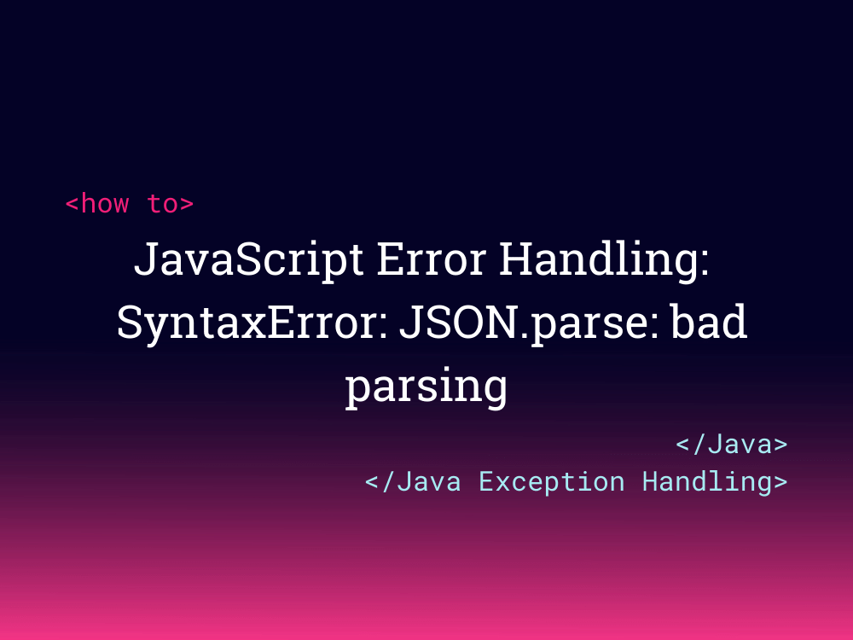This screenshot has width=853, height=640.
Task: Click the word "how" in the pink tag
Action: [106, 204]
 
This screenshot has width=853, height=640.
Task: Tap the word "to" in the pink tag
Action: [162, 204]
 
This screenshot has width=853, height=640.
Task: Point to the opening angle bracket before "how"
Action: [73, 205]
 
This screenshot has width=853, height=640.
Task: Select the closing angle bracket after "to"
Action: [187, 205]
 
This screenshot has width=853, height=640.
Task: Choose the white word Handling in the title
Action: [598, 259]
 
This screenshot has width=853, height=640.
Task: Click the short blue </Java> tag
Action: [731, 445]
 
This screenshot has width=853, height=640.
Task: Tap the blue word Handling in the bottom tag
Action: [706, 481]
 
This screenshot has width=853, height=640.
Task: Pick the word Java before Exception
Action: [429, 481]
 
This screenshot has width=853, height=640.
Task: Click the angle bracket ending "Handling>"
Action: [780, 482]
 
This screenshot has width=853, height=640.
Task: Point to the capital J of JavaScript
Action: [145, 259]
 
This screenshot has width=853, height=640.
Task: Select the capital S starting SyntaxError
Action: [127, 323]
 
